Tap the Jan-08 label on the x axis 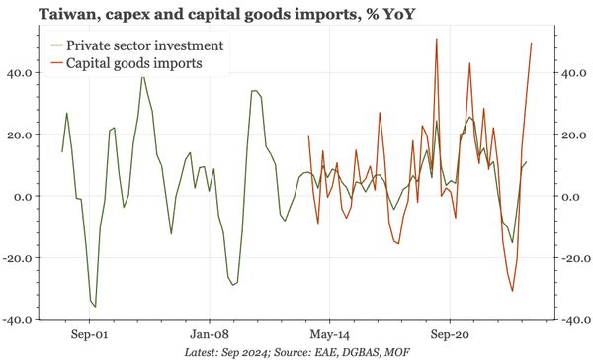[211, 334]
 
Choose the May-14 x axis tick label [330, 334]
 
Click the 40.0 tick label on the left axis [23, 72]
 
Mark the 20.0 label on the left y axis [23, 135]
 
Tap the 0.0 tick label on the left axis [26, 196]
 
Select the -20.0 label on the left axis [21, 258]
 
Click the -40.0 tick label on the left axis [21, 320]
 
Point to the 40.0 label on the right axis [574, 72]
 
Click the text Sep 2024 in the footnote [244, 352]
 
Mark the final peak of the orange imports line [532, 43]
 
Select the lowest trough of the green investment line [95, 307]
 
